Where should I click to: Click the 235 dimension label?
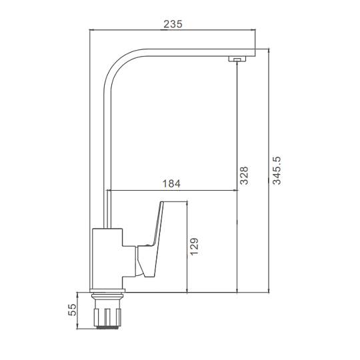[x=173, y=24]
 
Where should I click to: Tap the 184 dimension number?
[x=171, y=184]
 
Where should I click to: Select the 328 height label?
[x=244, y=175]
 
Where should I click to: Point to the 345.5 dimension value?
[x=277, y=171]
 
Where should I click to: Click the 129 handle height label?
[x=194, y=247]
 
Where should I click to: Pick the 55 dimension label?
[x=72, y=310]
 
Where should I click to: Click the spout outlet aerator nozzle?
[x=237, y=59]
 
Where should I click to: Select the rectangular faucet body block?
[x=107, y=258]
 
